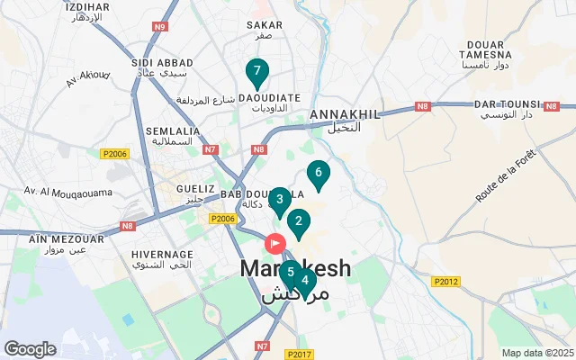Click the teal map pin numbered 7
tap(257, 71)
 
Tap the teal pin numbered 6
tap(318, 173)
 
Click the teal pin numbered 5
tap(290, 273)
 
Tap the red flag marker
tap(274, 243)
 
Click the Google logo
tap(30, 349)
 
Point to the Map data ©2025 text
tap(537, 353)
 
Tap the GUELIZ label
tap(198, 189)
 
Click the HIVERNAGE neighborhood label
tap(162, 255)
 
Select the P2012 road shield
tap(445, 282)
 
